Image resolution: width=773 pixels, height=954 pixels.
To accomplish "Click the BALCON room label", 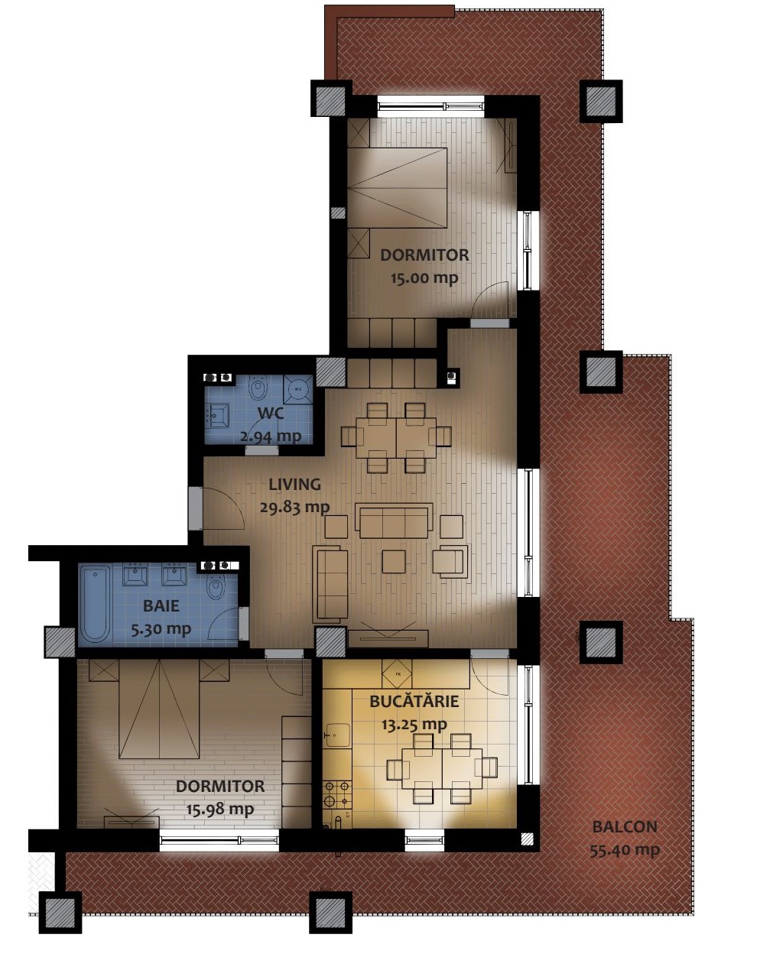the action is coord(625,827).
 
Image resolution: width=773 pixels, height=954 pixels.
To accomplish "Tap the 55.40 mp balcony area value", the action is coord(625,851).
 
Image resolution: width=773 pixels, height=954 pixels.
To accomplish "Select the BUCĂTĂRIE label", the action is coord(414,701).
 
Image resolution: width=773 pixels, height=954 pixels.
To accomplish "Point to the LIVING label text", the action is coord(294,484).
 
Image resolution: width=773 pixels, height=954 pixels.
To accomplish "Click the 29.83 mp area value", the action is coord(294,508).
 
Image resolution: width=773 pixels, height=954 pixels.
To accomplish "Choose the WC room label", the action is coord(271,413).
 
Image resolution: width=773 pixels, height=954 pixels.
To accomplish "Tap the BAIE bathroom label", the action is coord(161,606).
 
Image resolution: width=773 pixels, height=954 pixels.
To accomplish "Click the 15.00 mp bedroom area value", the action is coord(424,278).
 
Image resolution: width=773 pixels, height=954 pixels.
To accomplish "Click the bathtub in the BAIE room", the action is coord(96,604).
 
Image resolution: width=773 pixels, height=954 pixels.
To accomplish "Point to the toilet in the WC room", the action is coord(258,387).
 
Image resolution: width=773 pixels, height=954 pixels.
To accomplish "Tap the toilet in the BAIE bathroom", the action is coord(216,586).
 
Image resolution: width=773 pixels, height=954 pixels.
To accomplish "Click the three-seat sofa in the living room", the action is coord(394,520).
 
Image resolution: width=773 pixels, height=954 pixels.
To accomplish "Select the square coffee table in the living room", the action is coord(394,562).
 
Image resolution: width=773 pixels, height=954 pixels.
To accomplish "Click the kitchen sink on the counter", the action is coord(337,735).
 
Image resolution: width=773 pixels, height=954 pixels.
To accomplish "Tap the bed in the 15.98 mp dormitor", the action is coord(160,709).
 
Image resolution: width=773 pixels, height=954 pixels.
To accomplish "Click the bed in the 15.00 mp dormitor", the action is coord(398,187).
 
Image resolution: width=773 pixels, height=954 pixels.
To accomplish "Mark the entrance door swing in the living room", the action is coord(224,509).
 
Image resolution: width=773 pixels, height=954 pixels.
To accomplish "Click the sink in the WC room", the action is coord(218,416).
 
